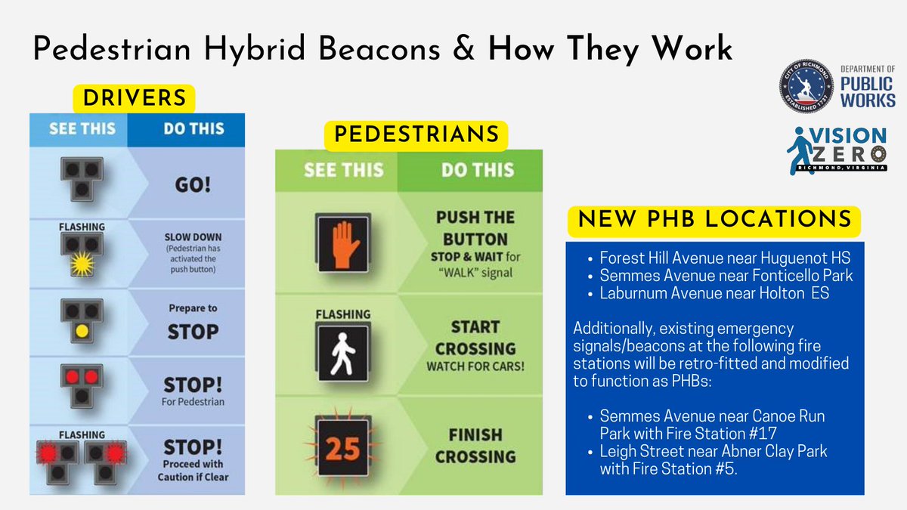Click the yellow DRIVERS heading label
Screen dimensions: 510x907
(x=135, y=97)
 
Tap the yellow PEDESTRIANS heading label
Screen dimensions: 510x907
(x=416, y=134)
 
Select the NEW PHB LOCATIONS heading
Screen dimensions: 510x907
(x=714, y=221)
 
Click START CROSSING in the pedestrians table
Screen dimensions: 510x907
(x=475, y=338)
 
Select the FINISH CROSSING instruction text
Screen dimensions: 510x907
(x=475, y=445)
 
